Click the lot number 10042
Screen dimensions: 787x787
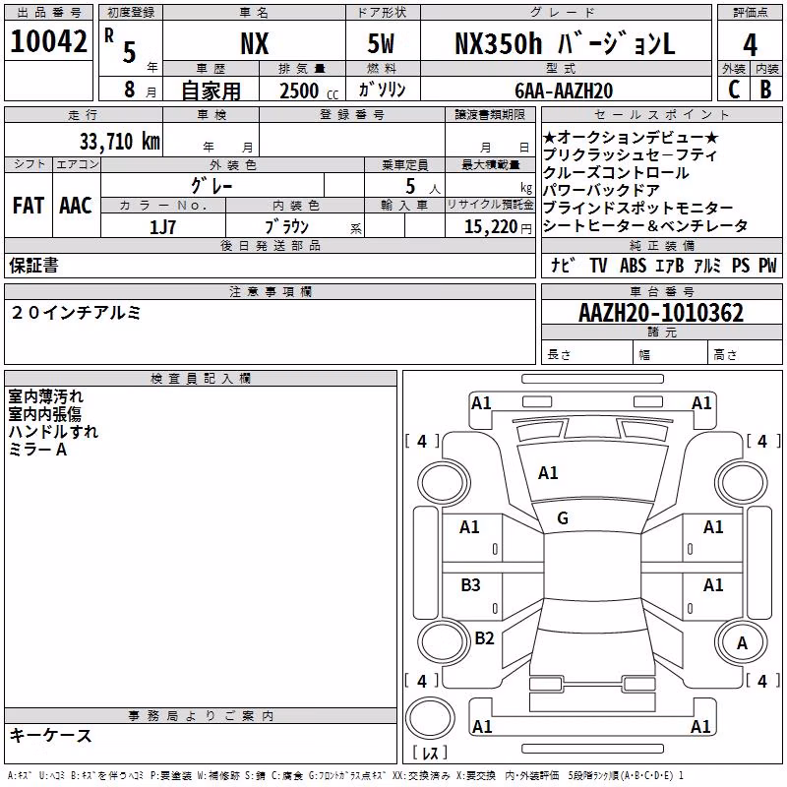(x=48, y=41)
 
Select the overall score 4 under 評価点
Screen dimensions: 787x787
(x=750, y=45)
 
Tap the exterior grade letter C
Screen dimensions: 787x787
(x=734, y=90)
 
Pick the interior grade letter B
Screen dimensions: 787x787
(x=765, y=90)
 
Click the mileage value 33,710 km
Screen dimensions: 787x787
(x=119, y=142)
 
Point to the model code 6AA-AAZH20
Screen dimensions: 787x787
(x=564, y=91)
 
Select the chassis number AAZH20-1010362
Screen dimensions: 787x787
(x=661, y=313)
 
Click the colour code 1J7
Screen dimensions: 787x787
(x=162, y=227)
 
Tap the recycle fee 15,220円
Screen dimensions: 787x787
(x=498, y=227)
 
